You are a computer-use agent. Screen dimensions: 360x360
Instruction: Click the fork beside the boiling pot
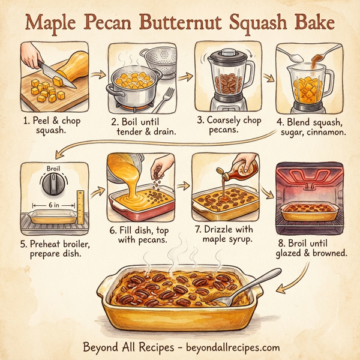169,97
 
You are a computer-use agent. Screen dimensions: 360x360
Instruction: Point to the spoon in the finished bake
246,287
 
